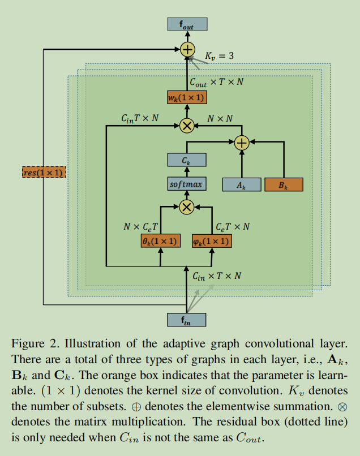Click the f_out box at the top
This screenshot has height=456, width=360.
click(x=187, y=24)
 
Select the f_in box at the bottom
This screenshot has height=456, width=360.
click(x=187, y=320)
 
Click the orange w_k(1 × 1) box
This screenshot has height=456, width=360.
click(x=187, y=97)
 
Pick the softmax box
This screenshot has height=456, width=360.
click(x=187, y=184)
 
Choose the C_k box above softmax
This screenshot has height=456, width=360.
click(x=187, y=161)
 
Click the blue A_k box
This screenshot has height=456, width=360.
click(x=242, y=184)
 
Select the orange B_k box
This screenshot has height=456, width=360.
click(x=284, y=184)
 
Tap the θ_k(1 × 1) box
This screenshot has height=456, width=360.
click(x=160, y=241)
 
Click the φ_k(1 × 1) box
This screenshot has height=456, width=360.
click(x=212, y=241)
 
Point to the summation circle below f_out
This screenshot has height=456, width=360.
click(x=187, y=50)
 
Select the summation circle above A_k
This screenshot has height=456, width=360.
click(x=242, y=143)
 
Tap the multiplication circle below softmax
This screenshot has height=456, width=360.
click(x=187, y=208)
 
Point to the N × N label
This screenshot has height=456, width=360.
click(x=220, y=118)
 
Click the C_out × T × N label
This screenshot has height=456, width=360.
click(x=216, y=82)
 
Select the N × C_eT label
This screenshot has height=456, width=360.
click(x=141, y=226)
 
